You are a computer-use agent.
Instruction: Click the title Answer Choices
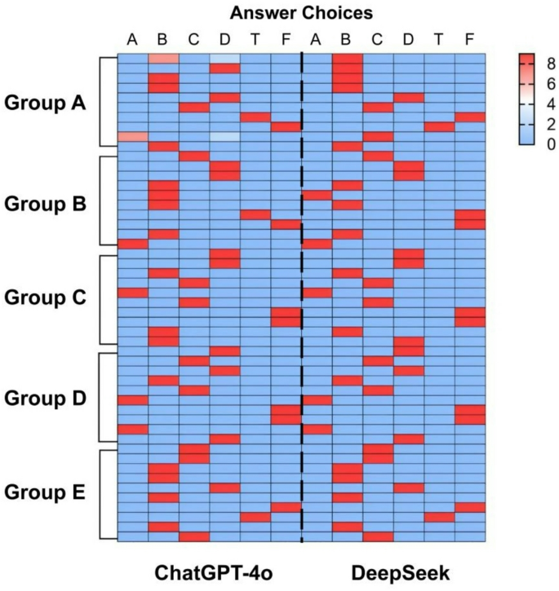(302, 13)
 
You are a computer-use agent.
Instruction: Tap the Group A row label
(47, 104)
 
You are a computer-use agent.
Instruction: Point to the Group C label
(47, 299)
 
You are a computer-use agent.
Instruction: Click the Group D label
(47, 399)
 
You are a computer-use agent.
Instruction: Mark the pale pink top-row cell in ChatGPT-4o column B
(163, 58)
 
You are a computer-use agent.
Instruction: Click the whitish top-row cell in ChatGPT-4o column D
(224, 58)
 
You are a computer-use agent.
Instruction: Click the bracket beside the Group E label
(101, 495)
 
